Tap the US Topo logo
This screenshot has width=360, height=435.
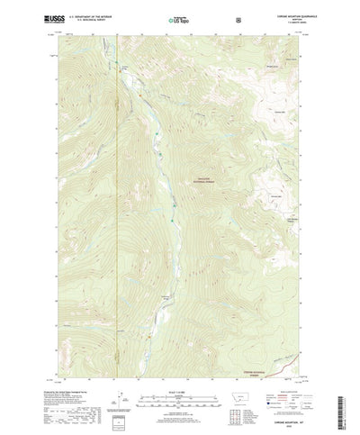[x=175, y=18]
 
